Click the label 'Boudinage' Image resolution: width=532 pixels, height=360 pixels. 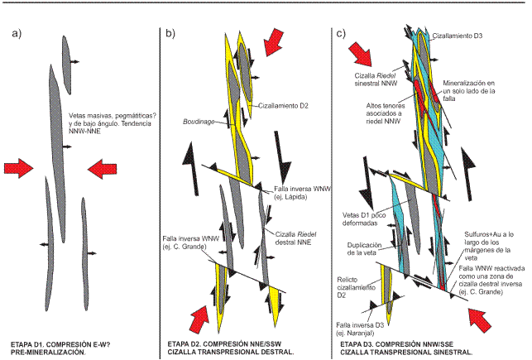[x=200, y=122]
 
